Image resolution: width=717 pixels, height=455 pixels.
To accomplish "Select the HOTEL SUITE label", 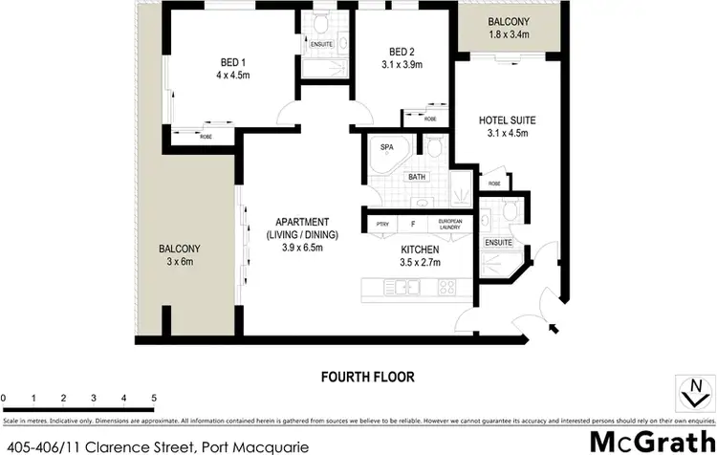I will (x=507, y=120).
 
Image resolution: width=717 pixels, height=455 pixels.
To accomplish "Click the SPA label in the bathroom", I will (x=387, y=148).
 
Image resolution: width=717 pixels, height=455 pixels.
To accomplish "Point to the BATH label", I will (x=417, y=177).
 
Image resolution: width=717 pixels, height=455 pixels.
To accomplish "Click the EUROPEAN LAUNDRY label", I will (x=449, y=225).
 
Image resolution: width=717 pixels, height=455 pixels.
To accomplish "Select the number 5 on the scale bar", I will (x=153, y=397).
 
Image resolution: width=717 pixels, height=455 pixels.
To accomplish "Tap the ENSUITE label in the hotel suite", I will (x=499, y=242).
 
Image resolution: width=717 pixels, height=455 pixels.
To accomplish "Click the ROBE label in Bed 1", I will (x=206, y=136).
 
